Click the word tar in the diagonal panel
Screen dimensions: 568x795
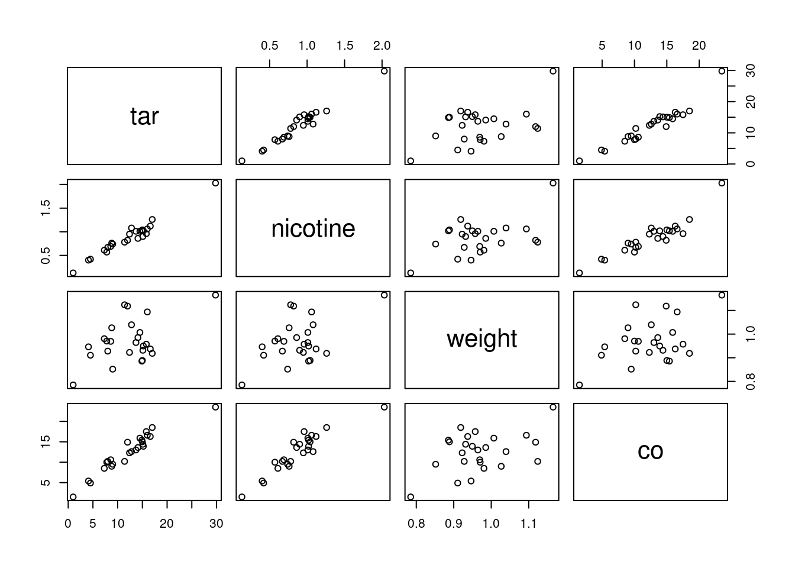[144, 117]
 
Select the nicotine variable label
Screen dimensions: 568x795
[313, 228]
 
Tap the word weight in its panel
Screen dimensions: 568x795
[481, 338]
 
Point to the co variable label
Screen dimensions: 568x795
[650, 451]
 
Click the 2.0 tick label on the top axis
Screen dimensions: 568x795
[382, 46]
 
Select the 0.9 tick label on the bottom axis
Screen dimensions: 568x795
[454, 524]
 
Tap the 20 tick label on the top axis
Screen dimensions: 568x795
[699, 46]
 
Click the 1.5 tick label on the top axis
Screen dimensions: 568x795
[345, 46]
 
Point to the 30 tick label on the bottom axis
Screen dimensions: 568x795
[216, 524]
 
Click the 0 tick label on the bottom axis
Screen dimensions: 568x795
[68, 524]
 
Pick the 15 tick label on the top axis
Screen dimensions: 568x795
[667, 46]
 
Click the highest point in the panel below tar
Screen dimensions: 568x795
[215, 183]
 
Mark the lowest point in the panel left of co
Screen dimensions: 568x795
[411, 497]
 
